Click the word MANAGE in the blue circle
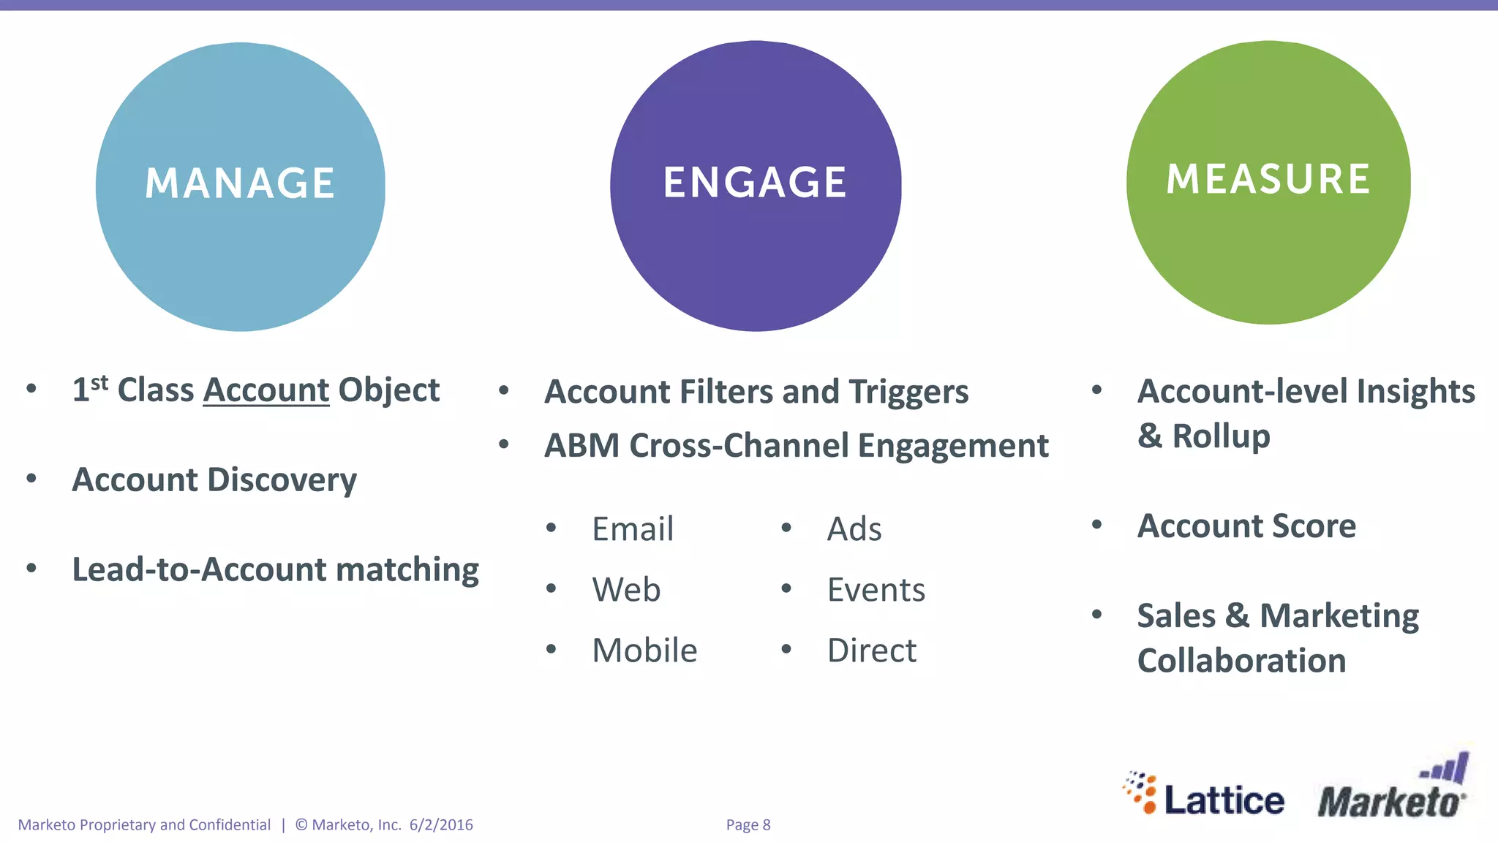click(240, 183)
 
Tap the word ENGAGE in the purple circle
click(755, 182)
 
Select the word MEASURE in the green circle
click(1268, 179)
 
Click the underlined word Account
click(266, 390)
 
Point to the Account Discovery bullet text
click(214, 480)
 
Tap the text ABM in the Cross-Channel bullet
click(581, 446)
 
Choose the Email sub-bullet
click(632, 529)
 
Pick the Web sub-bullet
click(626, 590)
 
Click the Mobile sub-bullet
click(644, 651)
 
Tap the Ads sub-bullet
click(854, 529)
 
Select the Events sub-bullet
click(876, 590)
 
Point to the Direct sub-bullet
click(871, 651)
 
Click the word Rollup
click(1221, 436)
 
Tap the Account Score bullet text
click(1246, 526)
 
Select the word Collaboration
click(1241, 661)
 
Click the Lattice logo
click(1205, 795)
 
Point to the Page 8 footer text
click(748, 825)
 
